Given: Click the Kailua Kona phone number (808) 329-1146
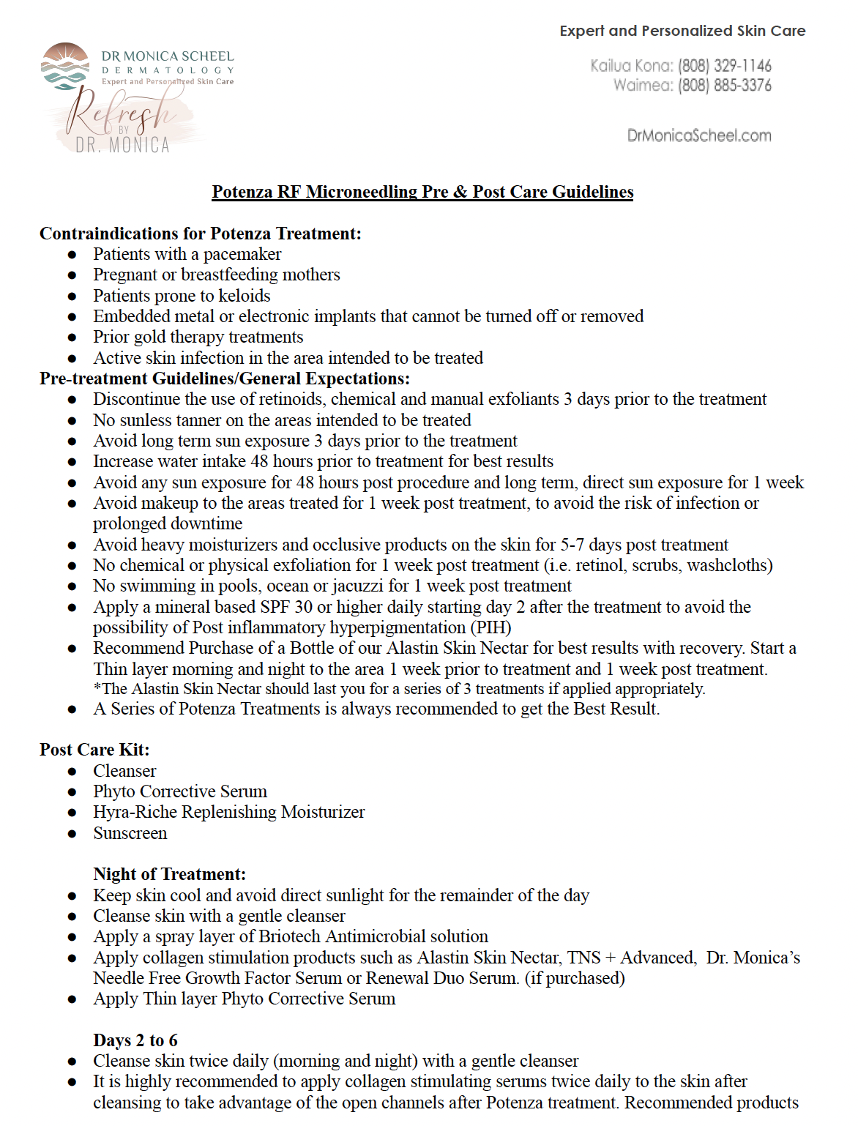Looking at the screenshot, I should (724, 66).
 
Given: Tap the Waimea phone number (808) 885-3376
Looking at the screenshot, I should (724, 86).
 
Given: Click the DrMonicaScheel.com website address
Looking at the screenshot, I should (699, 135).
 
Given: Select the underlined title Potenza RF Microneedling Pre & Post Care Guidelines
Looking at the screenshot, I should (422, 192).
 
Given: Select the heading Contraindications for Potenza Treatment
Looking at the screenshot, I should (200, 234).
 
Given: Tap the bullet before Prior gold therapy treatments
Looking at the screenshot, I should (72, 338).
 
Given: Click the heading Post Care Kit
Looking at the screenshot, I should (94, 750).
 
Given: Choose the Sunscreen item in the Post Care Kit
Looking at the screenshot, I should (130, 833).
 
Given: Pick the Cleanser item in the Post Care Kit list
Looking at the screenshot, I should (124, 771).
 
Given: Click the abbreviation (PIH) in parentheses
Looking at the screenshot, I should (491, 627).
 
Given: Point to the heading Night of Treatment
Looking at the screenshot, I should (169, 874).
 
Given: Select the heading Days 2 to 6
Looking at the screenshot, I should (135, 1040).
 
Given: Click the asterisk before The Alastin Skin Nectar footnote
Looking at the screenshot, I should (97, 688).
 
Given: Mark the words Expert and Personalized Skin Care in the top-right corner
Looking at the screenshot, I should (682, 31).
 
